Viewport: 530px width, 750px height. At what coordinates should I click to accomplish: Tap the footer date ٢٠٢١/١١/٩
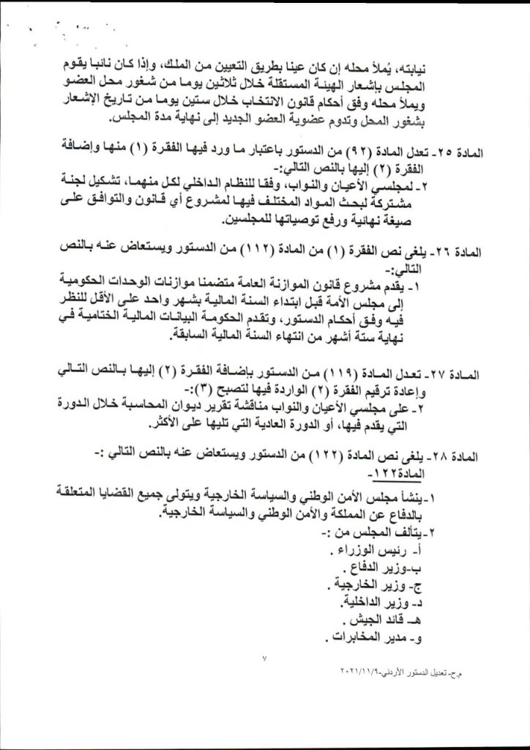[x=367, y=672]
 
